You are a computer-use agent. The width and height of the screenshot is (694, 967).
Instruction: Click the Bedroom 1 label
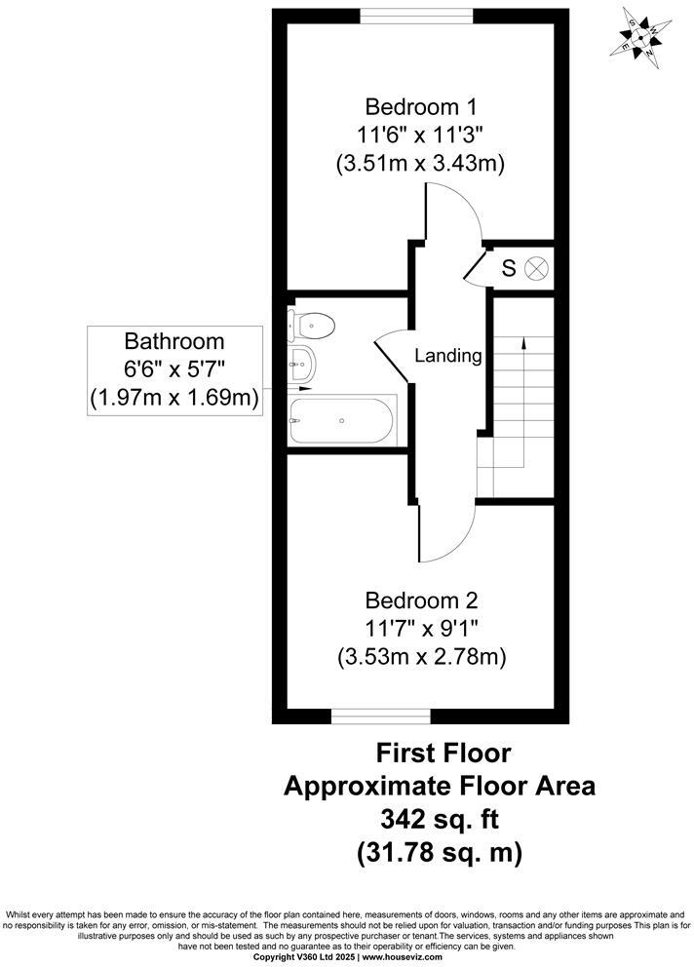[x=421, y=105]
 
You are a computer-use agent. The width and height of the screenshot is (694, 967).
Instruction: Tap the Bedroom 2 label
[x=421, y=600]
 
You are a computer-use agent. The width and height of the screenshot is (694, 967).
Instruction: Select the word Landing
[x=448, y=356]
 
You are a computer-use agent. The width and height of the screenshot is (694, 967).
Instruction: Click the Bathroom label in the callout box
[x=174, y=342]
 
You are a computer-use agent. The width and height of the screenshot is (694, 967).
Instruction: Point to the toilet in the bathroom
[x=315, y=323]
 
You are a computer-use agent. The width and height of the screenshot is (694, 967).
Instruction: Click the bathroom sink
[x=303, y=364]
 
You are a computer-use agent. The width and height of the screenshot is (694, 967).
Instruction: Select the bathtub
[x=342, y=420]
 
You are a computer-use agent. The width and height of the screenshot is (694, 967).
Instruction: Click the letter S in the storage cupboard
[x=508, y=268]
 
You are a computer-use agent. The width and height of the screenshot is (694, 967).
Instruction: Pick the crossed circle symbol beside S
[x=537, y=268]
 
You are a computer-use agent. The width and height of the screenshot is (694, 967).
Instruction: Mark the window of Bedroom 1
[x=417, y=15]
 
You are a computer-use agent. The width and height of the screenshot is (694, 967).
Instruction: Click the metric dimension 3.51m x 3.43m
[x=421, y=164]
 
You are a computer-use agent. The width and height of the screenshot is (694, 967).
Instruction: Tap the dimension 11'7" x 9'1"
[x=421, y=629]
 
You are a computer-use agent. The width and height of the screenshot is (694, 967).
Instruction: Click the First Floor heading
[x=443, y=753]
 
